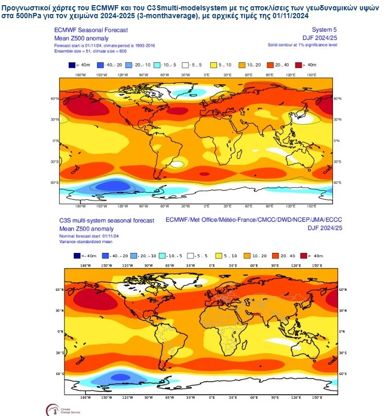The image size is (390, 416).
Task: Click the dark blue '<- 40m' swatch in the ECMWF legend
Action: click(x=72, y=65)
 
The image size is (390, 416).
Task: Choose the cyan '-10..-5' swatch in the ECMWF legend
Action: click(x=159, y=65)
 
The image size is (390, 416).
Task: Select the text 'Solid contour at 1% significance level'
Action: click(x=302, y=45)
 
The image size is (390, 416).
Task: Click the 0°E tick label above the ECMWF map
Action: click(x=207, y=75)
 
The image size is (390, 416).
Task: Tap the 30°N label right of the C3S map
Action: click(x=343, y=310)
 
